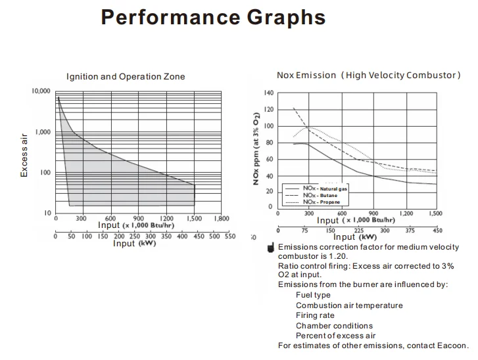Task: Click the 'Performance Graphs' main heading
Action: pos(213,17)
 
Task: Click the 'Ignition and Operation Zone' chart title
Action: pos(126,77)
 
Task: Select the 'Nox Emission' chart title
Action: pos(306,75)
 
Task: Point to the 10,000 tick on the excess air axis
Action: pos(41,91)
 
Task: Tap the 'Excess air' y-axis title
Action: pos(24,154)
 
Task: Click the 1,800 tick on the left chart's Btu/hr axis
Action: pos(221,218)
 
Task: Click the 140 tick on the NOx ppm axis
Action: pos(268,93)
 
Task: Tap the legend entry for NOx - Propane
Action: pos(322,202)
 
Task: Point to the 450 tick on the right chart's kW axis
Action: pos(437,230)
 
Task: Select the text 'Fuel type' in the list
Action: pos(313,295)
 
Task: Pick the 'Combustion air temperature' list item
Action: pos(349,305)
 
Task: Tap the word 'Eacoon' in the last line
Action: pos(452,346)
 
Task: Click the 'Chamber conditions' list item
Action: pos(334,326)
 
